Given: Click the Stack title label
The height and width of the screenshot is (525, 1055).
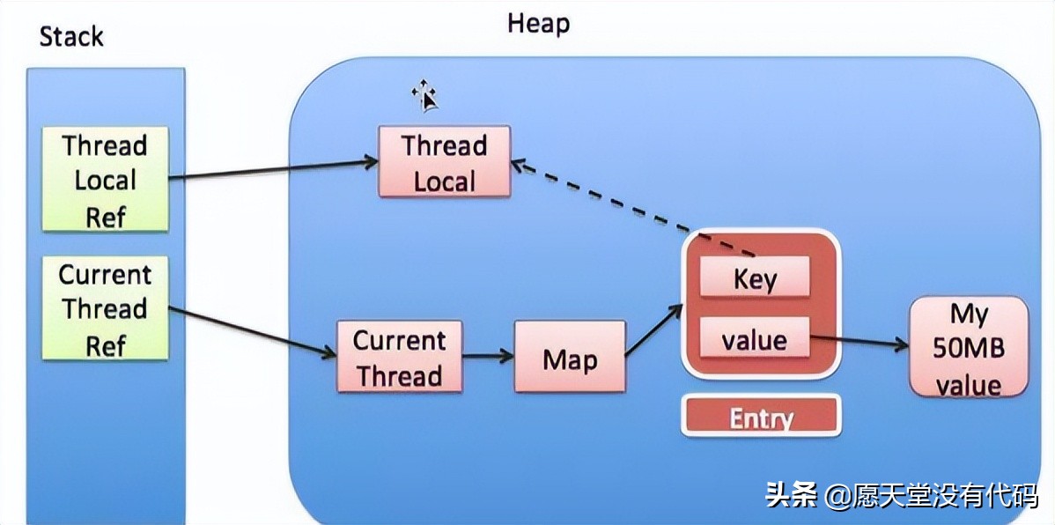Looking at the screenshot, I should [x=71, y=36].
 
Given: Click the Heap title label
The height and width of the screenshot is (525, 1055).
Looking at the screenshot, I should [x=538, y=24].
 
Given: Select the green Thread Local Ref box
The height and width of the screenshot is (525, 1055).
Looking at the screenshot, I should [x=106, y=180].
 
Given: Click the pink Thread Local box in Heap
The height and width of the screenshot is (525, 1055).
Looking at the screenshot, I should [x=444, y=162].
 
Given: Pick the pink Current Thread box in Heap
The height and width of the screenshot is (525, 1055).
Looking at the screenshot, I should [x=399, y=359].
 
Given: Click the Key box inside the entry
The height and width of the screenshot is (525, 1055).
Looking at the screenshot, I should [x=754, y=279].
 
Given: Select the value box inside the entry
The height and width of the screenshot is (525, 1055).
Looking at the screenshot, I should [x=754, y=338].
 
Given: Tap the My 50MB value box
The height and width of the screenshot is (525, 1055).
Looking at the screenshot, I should [x=968, y=348].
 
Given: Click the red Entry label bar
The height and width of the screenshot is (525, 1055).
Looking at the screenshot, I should [x=760, y=417].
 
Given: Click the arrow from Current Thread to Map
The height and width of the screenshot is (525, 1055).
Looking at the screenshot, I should [x=489, y=357].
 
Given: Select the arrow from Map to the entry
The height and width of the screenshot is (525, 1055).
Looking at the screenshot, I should [x=654, y=331].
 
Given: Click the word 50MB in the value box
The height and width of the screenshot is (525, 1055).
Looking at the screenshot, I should [x=968, y=349].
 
